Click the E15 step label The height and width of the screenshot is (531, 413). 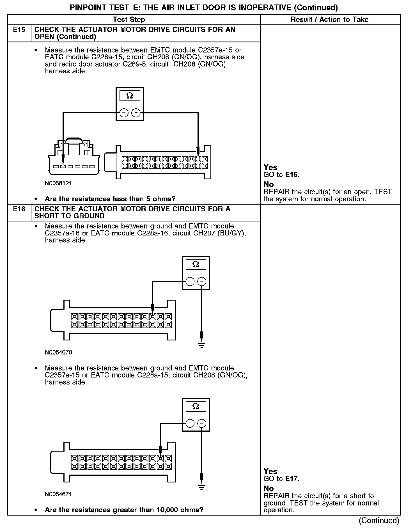[19, 30]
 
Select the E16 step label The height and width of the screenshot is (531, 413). [19, 209]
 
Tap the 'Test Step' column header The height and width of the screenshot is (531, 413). [129, 20]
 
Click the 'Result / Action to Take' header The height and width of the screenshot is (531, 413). [330, 20]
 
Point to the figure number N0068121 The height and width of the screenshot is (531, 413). [58, 183]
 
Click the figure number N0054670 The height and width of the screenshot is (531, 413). [58, 353]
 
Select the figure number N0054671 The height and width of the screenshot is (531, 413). [58, 494]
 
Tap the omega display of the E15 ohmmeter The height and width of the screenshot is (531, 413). [130, 96]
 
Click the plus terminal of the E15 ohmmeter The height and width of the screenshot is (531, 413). [124, 113]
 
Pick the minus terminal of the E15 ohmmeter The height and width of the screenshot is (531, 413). [136, 113]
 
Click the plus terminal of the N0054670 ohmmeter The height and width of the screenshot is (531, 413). [190, 281]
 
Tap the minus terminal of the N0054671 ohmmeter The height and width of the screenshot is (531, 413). [202, 423]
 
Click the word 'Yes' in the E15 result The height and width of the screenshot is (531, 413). [270, 168]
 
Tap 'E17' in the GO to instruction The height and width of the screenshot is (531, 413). [292, 479]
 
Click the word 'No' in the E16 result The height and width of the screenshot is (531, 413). [269, 489]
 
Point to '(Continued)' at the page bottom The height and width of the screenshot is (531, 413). [379, 521]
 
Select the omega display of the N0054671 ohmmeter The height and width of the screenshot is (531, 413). [196, 406]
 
